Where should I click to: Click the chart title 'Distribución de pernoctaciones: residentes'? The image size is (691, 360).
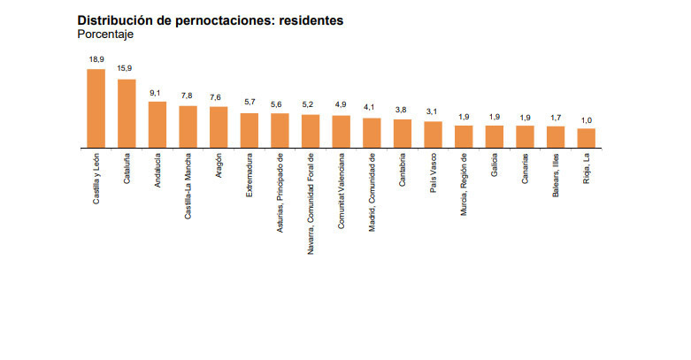[211, 19]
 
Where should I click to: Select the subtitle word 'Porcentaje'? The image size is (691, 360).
[105, 34]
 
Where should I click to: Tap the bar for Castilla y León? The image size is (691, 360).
[96, 107]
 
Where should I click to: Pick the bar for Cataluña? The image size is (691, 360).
[127, 112]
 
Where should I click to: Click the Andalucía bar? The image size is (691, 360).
[157, 124]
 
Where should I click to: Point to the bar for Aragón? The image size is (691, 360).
[219, 126]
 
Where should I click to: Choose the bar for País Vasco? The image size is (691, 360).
[433, 134]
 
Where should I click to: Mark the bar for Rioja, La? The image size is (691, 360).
[586, 137]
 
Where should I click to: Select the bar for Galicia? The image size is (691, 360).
[494, 135]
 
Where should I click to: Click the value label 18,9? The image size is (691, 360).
[96, 59]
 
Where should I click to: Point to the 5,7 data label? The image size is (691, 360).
[250, 103]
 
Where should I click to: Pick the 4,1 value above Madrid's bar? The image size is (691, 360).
[372, 108]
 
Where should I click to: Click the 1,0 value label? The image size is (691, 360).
[586, 119]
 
